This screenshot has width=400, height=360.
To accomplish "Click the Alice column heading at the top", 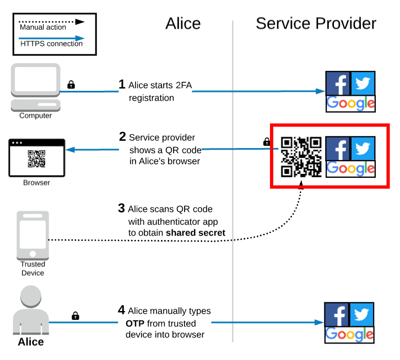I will coord(183,23).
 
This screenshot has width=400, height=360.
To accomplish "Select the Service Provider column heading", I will coord(316,23).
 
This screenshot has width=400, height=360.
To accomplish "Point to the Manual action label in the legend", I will coord(43,27).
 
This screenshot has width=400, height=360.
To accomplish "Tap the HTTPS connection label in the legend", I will coord(51,43).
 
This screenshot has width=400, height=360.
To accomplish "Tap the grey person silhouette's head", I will coord(31,298).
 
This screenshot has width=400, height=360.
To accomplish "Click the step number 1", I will coord(122,84).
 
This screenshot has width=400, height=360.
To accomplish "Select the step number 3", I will coord(122,209).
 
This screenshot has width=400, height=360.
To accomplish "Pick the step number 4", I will coord(122,310).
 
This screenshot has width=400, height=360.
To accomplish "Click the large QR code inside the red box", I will coord(301,157).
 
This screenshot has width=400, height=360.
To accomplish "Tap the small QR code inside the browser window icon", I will coord(36,159).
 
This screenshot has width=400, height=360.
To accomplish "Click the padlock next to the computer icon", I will coord(71,85).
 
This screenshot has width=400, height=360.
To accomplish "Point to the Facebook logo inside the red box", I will coord(338,149).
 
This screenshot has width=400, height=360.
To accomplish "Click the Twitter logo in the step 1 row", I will coord(363,83).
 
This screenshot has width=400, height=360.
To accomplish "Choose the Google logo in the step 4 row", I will coord(350,334).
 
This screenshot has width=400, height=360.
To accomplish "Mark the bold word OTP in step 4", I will coord(136,323).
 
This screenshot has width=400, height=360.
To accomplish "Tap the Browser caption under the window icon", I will coord(36,182).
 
